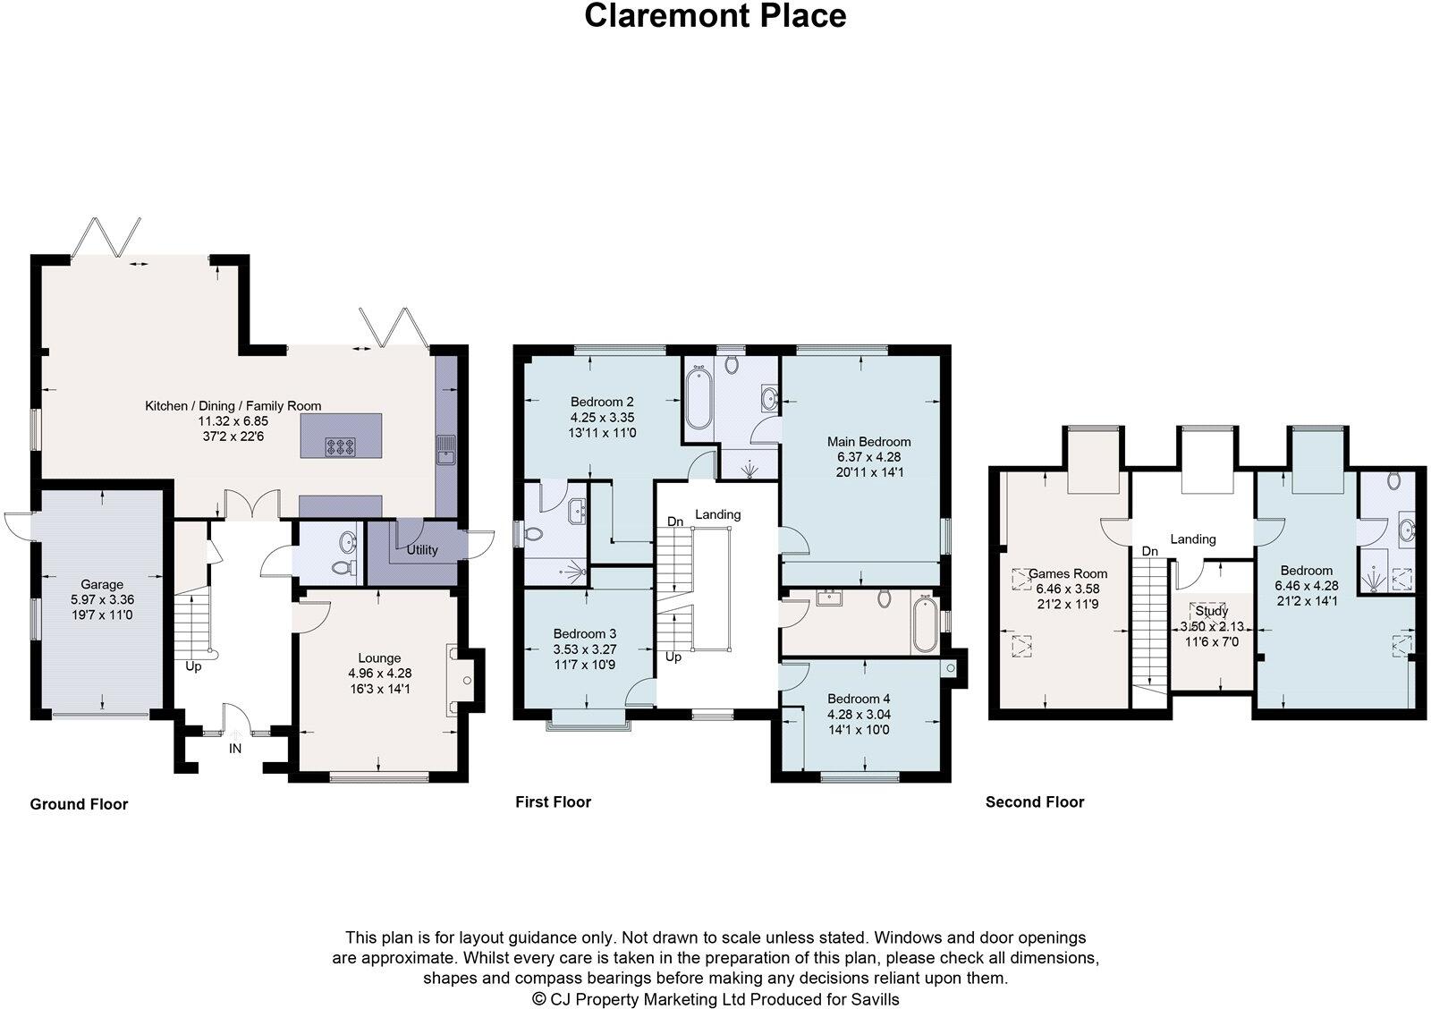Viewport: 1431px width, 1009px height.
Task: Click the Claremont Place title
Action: (x=715, y=16)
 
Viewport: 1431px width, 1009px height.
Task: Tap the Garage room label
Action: (x=102, y=584)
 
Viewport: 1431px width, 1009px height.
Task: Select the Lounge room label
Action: (x=379, y=657)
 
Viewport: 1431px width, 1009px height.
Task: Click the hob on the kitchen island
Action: (x=341, y=446)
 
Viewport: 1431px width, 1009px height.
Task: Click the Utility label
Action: (x=422, y=549)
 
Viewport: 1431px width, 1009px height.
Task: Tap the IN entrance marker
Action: (x=235, y=749)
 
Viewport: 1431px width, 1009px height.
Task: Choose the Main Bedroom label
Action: (x=868, y=442)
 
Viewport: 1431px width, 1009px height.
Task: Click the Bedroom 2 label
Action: (x=602, y=402)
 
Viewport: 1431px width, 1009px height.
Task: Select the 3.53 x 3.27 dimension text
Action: (x=585, y=649)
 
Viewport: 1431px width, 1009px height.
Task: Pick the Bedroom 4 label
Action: (x=859, y=700)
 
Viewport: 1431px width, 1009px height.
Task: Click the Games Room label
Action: (x=1068, y=574)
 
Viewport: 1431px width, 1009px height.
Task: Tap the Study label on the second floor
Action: (x=1212, y=611)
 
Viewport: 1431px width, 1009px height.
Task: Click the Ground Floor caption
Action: (x=80, y=804)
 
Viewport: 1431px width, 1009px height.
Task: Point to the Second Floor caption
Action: (x=1035, y=802)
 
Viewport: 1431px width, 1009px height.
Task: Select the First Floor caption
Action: (x=554, y=802)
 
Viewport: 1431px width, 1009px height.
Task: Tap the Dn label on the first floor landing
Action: (x=675, y=521)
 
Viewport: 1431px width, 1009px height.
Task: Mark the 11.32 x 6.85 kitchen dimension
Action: (x=233, y=421)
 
